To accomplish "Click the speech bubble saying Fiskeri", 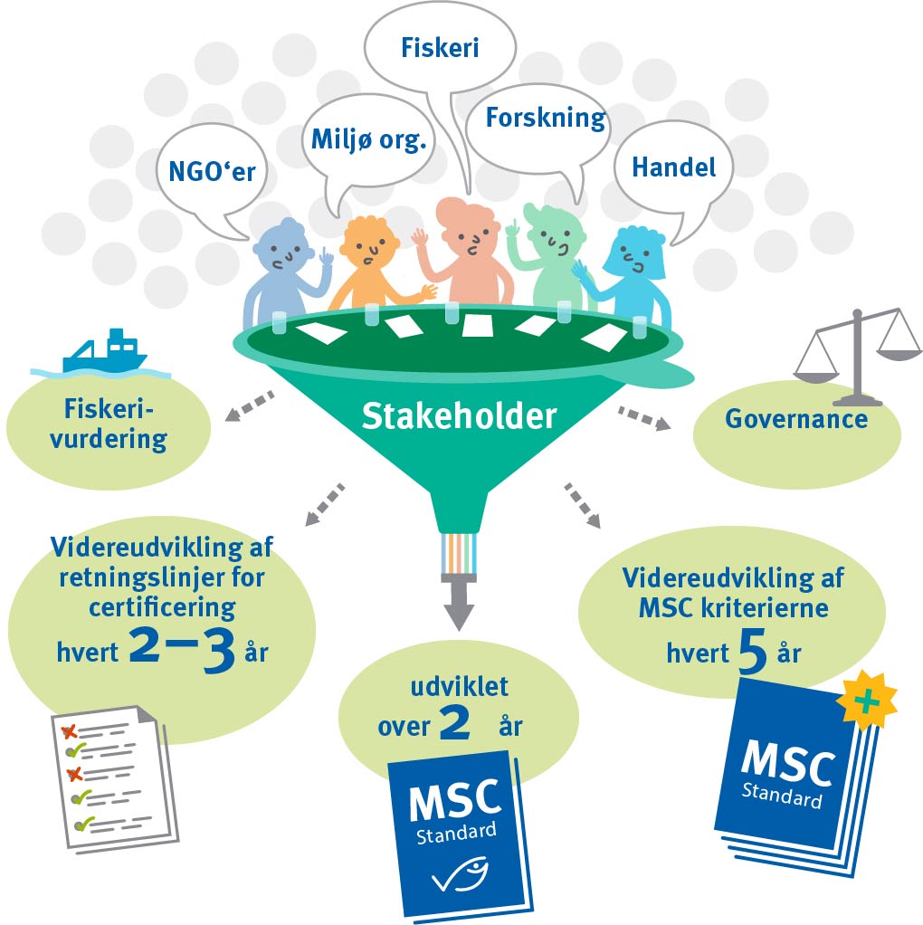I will pyautogui.click(x=440, y=47).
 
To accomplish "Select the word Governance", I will pyautogui.click(x=796, y=418).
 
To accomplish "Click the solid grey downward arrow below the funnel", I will pyautogui.click(x=459, y=605).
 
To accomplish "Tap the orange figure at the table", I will pyautogui.click(x=371, y=262).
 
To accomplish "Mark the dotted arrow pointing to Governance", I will pyautogui.click(x=643, y=419).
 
